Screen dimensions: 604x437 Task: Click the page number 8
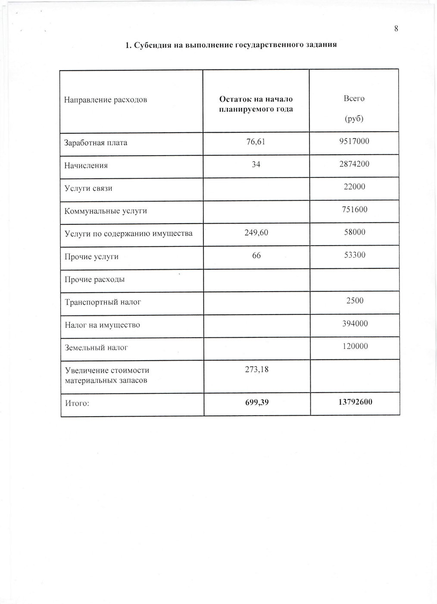click(x=396, y=29)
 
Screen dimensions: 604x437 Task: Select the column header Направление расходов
click(x=106, y=100)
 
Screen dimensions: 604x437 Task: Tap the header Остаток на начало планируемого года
click(x=256, y=104)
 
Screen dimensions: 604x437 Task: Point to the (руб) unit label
click(x=354, y=118)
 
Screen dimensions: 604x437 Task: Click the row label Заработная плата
click(x=96, y=143)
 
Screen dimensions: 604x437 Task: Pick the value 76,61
click(x=256, y=141)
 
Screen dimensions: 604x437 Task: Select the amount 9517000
click(x=354, y=141)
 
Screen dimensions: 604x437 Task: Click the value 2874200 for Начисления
click(x=354, y=164)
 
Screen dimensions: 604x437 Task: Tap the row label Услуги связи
click(x=88, y=188)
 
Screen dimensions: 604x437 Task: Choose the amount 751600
click(x=354, y=209)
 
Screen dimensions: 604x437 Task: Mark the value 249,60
click(x=256, y=232)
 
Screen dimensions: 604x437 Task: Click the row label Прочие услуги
click(x=91, y=257)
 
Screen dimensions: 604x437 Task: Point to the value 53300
click(x=354, y=255)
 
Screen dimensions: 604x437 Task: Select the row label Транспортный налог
click(x=103, y=302)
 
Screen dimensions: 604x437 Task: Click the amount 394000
click(x=355, y=324)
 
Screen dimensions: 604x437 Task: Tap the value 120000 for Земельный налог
click(x=355, y=346)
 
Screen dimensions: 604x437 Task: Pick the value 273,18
click(x=256, y=369)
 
